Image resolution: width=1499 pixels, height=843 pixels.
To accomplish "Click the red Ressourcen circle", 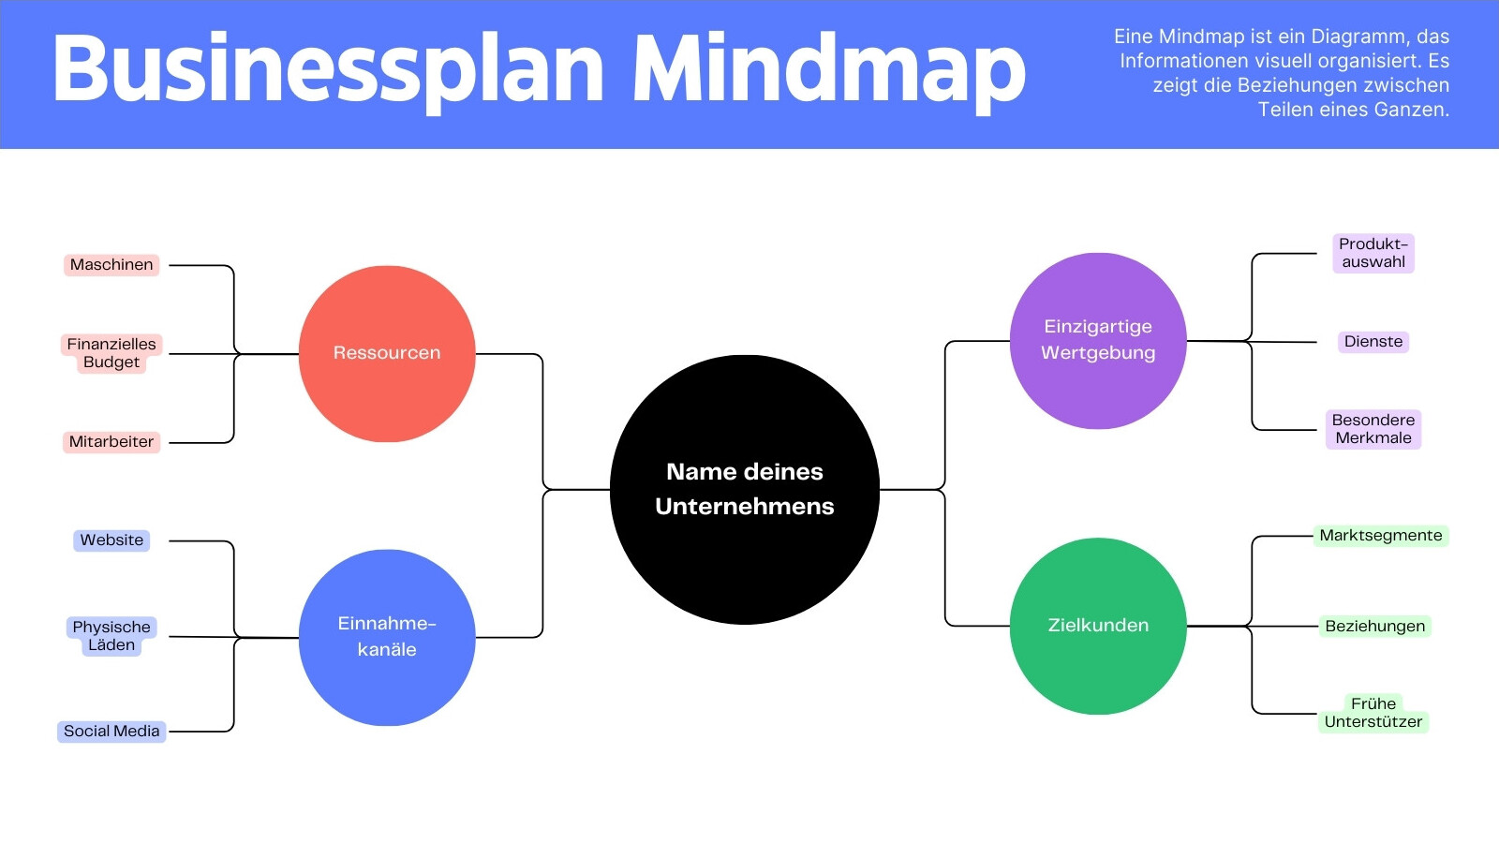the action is click(387, 353).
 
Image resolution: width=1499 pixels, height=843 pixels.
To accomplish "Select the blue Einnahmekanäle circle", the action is click(387, 637).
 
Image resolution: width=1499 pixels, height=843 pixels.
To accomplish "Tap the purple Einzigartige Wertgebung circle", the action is click(1097, 341).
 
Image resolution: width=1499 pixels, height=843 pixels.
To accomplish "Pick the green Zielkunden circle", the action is click(1097, 626).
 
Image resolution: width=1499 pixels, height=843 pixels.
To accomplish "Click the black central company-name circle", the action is click(744, 489).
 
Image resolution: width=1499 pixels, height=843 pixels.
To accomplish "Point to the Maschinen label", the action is click(111, 265).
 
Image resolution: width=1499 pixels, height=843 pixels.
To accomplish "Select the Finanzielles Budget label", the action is click(111, 353).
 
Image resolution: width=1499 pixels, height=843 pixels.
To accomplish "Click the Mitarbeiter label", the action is click(111, 441).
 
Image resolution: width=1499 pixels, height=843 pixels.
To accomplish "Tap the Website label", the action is click(111, 540).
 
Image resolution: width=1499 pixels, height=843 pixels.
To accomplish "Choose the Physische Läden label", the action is click(111, 636).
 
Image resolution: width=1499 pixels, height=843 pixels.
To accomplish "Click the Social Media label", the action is click(111, 732).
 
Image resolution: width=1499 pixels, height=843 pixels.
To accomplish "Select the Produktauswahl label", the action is click(1373, 253).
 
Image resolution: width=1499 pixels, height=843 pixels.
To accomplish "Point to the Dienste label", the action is click(1373, 342).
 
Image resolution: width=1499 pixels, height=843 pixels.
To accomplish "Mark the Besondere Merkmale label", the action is click(1373, 429).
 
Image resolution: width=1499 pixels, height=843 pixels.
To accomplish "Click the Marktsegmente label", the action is click(1381, 535).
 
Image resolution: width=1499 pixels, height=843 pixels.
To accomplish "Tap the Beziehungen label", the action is click(1374, 627).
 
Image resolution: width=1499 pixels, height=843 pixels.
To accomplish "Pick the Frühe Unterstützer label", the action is click(1373, 713).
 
